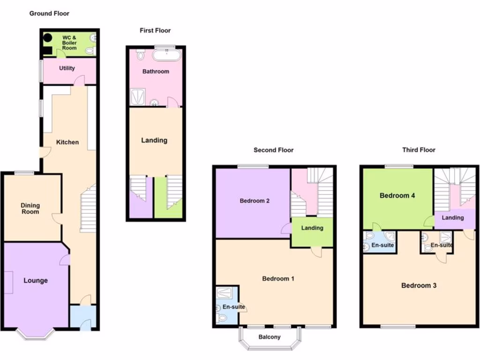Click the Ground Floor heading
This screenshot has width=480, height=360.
point(49,14)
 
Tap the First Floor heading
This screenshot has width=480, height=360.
point(155,30)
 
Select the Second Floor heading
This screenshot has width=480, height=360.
point(273,150)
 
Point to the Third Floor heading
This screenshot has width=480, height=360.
point(419,150)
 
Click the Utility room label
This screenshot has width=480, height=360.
point(67,68)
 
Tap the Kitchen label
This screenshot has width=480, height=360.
point(67,142)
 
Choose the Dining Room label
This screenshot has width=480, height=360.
point(30,209)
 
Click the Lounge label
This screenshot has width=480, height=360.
point(36,280)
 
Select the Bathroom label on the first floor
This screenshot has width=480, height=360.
point(156,72)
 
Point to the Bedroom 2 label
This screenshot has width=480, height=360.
point(255,201)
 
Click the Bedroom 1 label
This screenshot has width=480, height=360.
point(278,278)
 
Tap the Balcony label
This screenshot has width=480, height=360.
point(270,337)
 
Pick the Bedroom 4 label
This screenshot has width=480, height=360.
point(397,195)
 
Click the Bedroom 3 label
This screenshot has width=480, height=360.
point(419,285)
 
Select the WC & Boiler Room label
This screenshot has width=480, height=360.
point(69,43)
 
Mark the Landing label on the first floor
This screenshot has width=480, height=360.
point(154,140)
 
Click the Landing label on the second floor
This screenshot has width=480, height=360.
point(312,228)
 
